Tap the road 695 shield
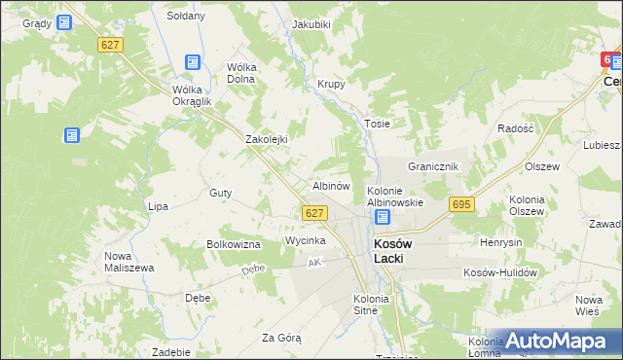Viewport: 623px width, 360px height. (461, 204)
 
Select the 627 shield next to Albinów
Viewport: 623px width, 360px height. (312, 213)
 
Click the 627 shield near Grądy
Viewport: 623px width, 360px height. (109, 45)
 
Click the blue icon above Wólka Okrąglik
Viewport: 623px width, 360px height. (193, 62)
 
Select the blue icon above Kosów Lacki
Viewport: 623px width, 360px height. (383, 218)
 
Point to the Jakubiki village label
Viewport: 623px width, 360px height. (311, 23)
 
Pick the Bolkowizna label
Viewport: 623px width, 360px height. (234, 244)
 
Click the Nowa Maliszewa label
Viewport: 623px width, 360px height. (125, 263)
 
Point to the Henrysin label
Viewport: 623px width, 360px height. (502, 241)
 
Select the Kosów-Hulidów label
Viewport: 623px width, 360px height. (500, 273)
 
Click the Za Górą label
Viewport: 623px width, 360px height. (281, 338)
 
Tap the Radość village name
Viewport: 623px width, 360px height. (515, 128)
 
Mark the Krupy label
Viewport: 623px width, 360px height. (332, 84)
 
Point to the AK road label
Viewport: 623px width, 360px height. (313, 263)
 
